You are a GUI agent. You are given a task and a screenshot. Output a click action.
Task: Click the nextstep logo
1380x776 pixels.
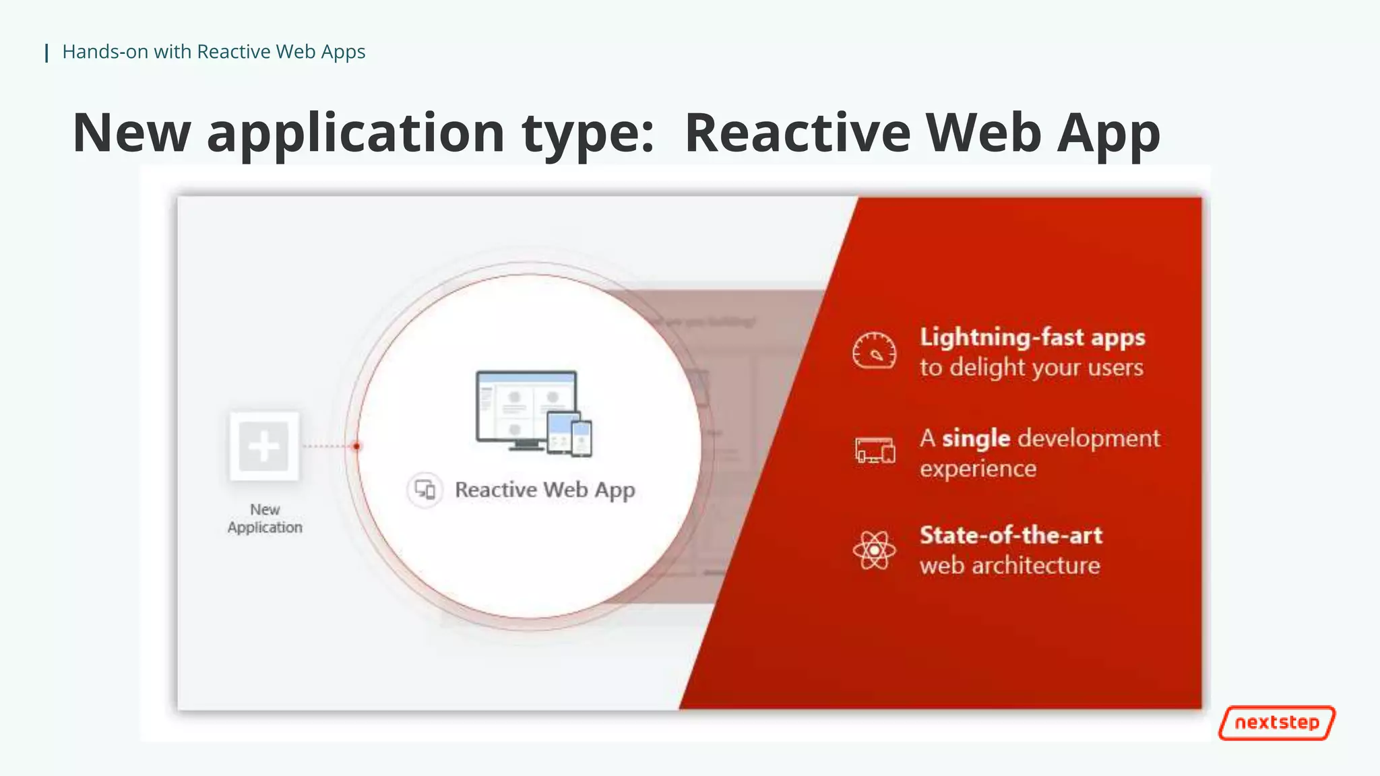(1276, 723)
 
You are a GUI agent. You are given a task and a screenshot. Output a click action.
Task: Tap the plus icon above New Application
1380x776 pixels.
(263, 446)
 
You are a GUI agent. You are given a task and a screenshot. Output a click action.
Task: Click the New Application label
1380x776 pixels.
(265, 519)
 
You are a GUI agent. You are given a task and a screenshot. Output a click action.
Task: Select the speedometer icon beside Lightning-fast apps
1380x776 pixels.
(874, 351)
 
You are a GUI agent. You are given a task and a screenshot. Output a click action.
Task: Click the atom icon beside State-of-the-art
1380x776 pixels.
(874, 550)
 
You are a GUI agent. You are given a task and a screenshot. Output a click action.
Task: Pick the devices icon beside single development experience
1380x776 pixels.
(875, 450)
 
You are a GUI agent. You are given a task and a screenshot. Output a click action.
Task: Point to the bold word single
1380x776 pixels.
(976, 439)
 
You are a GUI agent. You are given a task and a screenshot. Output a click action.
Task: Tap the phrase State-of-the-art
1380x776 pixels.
(1011, 536)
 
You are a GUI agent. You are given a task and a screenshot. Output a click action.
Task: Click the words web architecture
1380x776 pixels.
(1009, 566)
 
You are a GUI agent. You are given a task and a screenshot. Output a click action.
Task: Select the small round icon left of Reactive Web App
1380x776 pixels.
(425, 490)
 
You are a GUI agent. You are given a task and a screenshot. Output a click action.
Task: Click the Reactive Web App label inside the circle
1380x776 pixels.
(544, 490)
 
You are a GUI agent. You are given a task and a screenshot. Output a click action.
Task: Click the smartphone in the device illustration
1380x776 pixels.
(582, 438)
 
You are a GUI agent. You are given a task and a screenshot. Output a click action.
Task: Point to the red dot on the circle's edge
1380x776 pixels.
(357, 446)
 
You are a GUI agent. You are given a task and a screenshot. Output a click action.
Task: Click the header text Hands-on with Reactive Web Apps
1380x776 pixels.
(213, 52)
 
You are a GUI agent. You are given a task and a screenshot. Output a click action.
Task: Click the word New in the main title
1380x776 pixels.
(131, 133)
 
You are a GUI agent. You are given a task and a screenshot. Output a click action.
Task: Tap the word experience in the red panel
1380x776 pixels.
(978, 469)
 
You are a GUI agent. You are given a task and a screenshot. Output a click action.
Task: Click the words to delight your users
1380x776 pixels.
(1031, 368)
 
